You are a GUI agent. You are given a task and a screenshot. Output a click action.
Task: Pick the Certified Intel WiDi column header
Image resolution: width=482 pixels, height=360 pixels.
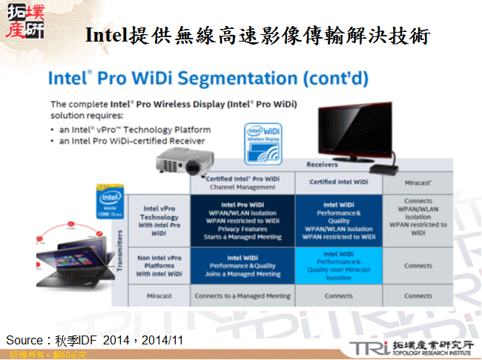(x=338, y=181)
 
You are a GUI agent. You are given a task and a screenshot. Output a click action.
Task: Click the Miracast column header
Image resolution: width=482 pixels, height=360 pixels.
(x=418, y=181)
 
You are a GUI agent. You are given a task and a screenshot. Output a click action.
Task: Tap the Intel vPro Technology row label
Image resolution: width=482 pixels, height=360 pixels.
(x=159, y=220)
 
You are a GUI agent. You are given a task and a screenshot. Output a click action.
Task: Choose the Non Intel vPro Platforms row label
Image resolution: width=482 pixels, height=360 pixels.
(x=159, y=266)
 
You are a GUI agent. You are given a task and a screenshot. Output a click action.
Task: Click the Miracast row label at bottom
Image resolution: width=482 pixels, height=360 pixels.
(x=159, y=295)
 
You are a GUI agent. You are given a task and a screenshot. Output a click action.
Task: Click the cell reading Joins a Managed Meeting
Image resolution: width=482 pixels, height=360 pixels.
(x=242, y=274)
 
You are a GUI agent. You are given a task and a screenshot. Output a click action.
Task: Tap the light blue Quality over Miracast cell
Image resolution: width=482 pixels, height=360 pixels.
(x=338, y=266)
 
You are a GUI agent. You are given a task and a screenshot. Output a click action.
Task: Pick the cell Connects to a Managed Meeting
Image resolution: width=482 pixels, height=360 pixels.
(x=242, y=295)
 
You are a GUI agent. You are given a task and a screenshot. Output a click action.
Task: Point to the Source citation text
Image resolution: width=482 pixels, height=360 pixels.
(x=95, y=339)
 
